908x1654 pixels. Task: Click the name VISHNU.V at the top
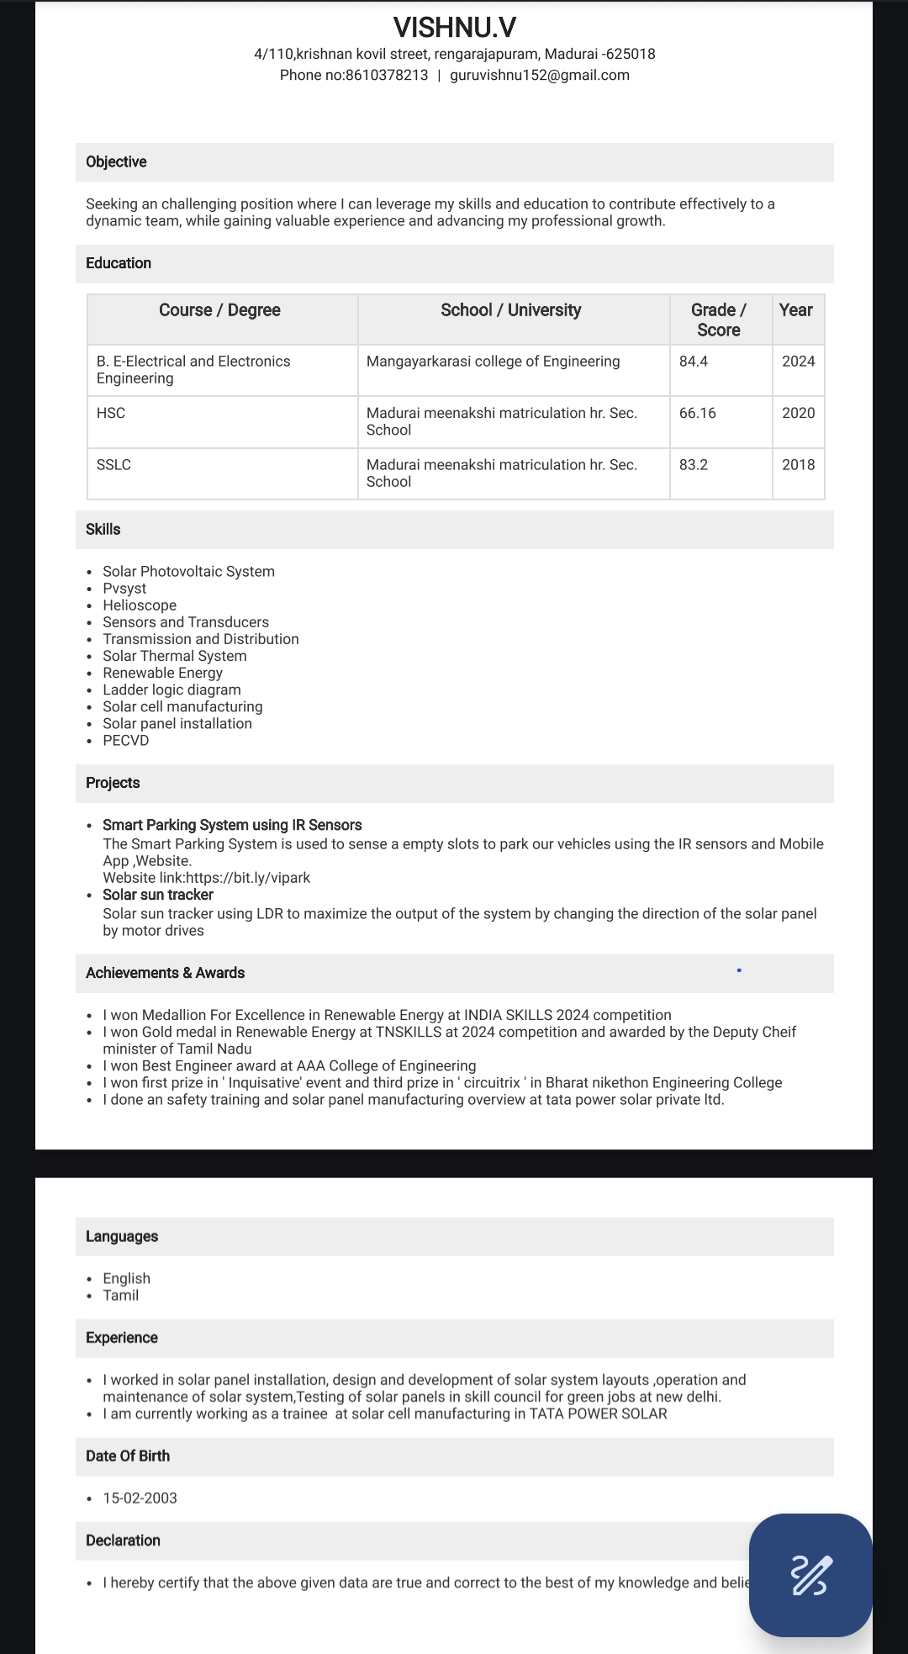pos(454,28)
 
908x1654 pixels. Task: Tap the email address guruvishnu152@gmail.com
pos(540,75)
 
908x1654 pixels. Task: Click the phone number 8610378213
pos(387,75)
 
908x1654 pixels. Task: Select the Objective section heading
pos(116,161)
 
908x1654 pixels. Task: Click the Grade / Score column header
pos(719,320)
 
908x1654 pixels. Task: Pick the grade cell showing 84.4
pos(694,361)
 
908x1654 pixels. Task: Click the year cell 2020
pos(798,413)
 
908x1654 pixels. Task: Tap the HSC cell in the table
pos(111,413)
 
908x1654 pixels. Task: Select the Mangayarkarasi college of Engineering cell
pos(493,361)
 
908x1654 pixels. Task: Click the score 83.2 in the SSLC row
pos(694,464)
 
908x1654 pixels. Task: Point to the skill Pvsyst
pos(124,588)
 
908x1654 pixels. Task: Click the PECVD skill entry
pos(126,740)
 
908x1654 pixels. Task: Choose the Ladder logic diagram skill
pos(172,690)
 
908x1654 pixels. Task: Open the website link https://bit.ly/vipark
pos(248,877)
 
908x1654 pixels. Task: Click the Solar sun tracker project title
pos(158,895)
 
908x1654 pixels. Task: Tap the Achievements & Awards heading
pos(165,973)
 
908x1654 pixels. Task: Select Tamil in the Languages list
pos(121,1295)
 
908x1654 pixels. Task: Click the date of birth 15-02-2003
pos(140,1498)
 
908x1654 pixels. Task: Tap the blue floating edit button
pos(810,1575)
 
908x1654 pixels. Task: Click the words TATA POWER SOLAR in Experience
pos(598,1414)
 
